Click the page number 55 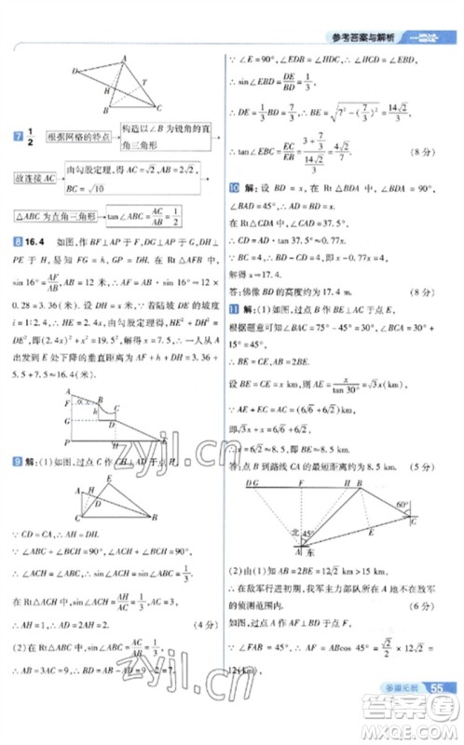pyautogui.click(x=436, y=687)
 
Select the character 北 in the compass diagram pyautogui.click(x=295, y=532)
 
